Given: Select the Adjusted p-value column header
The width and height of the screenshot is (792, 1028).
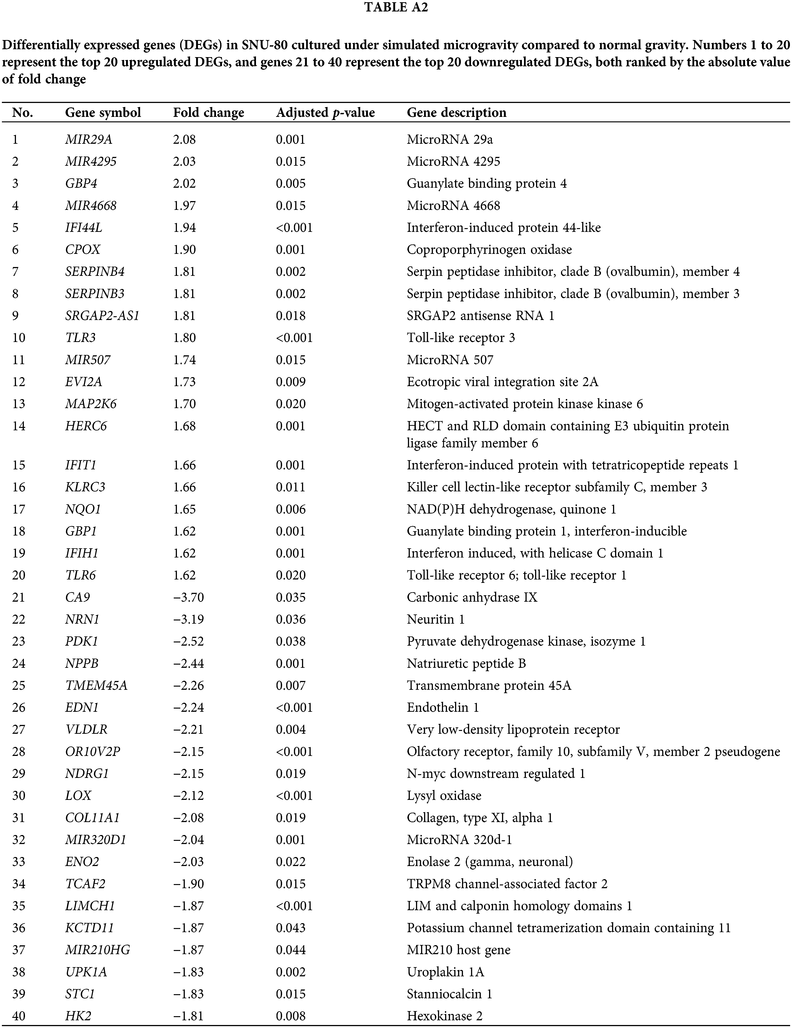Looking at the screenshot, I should click(325, 113).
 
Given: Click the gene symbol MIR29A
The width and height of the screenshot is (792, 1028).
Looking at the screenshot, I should click(88, 139).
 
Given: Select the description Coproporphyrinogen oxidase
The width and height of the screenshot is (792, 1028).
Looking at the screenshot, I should click(489, 250).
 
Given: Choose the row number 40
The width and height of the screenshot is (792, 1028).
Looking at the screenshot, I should click(19, 1016).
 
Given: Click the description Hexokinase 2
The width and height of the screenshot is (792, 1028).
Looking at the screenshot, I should click(444, 1016).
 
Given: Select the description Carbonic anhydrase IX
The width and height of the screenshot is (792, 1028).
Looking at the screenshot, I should click(472, 597).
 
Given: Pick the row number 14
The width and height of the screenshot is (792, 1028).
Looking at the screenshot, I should click(19, 426).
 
